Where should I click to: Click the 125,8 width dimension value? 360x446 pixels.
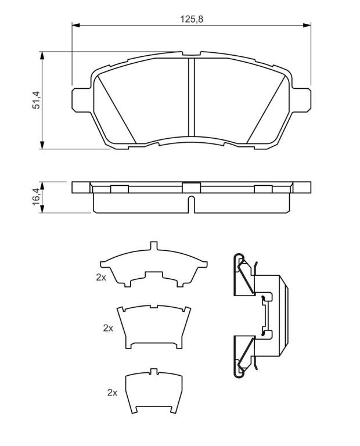point(192,19)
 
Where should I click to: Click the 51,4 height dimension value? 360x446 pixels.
point(37,100)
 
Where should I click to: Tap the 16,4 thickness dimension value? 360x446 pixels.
point(37,197)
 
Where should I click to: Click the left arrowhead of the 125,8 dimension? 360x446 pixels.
point(75,26)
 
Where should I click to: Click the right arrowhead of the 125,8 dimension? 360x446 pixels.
point(307,26)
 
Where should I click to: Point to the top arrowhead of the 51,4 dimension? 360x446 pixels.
point(42,56)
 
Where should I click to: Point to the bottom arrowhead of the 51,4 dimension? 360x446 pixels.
point(42,145)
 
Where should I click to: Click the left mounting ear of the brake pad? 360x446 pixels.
point(81,100)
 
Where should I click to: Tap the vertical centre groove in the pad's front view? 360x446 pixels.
point(192,97)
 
